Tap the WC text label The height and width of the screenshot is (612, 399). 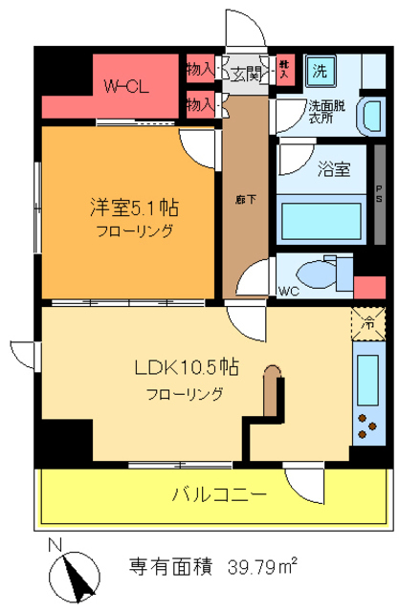point(286,290)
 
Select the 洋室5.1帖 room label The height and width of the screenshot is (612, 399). point(133,208)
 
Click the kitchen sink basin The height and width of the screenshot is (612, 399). point(367,380)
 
